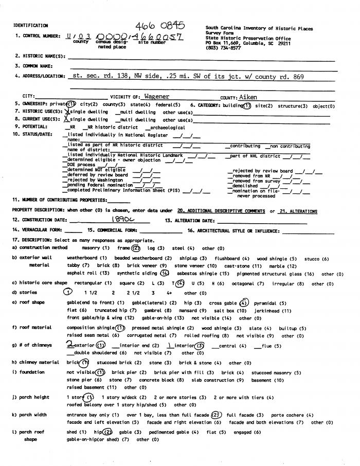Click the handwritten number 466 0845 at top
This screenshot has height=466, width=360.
(160, 26)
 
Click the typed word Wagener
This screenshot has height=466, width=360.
(157, 96)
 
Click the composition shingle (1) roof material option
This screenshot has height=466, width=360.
(96, 327)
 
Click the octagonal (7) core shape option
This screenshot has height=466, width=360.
(243, 283)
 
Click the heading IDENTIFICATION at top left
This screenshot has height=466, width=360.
(31, 25)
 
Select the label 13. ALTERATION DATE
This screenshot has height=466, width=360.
(193, 220)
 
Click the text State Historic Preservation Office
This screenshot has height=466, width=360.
(248, 38)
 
